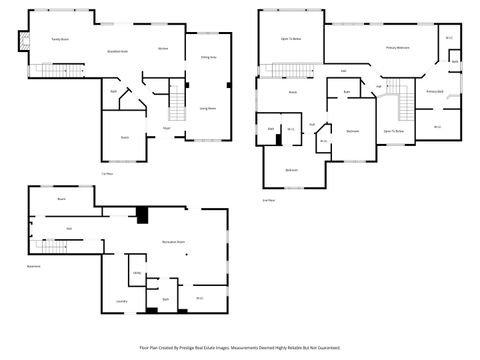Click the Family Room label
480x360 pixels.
pyautogui.click(x=59, y=39)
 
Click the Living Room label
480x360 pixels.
pyautogui.click(x=208, y=106)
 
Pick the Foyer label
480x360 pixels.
pyautogui.click(x=166, y=129)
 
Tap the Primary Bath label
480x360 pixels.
pyautogui.click(x=434, y=91)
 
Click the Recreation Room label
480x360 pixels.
pyautogui.click(x=176, y=242)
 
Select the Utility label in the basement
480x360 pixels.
pyautogui.click(x=136, y=272)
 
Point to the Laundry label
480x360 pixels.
pyautogui.click(x=121, y=300)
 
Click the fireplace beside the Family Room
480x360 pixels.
pyautogui.click(x=14, y=42)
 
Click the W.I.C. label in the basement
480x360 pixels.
pyautogui.click(x=199, y=298)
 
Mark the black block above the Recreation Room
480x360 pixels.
pyautogui.click(x=142, y=214)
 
